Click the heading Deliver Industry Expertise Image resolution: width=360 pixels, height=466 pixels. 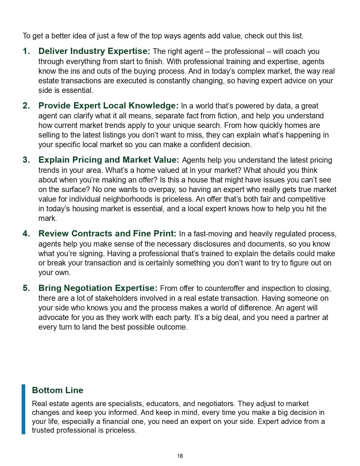pyautogui.click(x=94, y=51)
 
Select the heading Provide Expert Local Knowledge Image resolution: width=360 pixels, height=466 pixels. pyautogui.click(x=108, y=106)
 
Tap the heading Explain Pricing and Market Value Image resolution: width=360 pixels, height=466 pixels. pyautogui.click(x=109, y=160)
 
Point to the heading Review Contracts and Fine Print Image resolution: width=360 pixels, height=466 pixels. pyautogui.click(x=107, y=234)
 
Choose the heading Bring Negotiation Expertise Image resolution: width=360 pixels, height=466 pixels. pyautogui.click(x=98, y=288)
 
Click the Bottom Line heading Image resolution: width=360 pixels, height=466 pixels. pyautogui.click(x=58, y=390)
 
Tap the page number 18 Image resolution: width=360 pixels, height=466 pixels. pyautogui.click(x=180, y=456)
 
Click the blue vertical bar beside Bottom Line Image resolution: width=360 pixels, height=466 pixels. pyautogui.click(x=23, y=409)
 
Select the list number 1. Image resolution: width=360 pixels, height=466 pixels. pyautogui.click(x=26, y=51)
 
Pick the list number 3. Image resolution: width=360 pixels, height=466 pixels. pyautogui.click(x=26, y=160)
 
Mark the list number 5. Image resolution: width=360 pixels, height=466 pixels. pyautogui.click(x=26, y=288)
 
